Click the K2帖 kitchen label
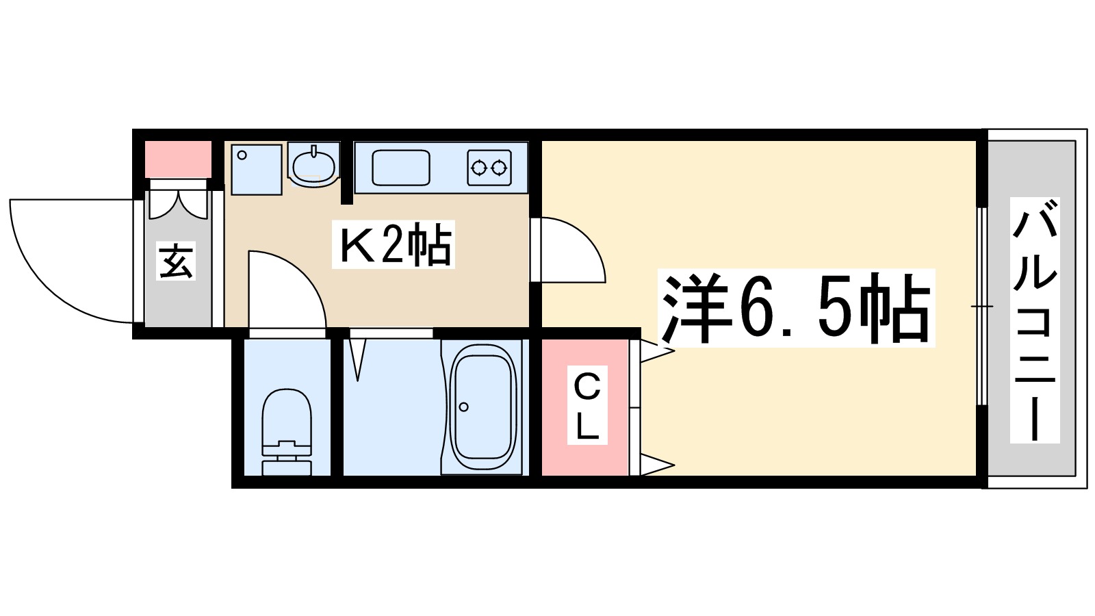395,244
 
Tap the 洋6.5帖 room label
796,308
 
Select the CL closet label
587,407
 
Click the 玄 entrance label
176,261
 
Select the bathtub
482,408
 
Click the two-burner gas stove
489,167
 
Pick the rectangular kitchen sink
401,168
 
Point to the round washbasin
313,165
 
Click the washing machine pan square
256,169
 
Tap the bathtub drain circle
464,407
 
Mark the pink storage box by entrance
178,159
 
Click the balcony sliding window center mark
981,306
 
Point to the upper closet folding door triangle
656,351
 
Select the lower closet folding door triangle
656,465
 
